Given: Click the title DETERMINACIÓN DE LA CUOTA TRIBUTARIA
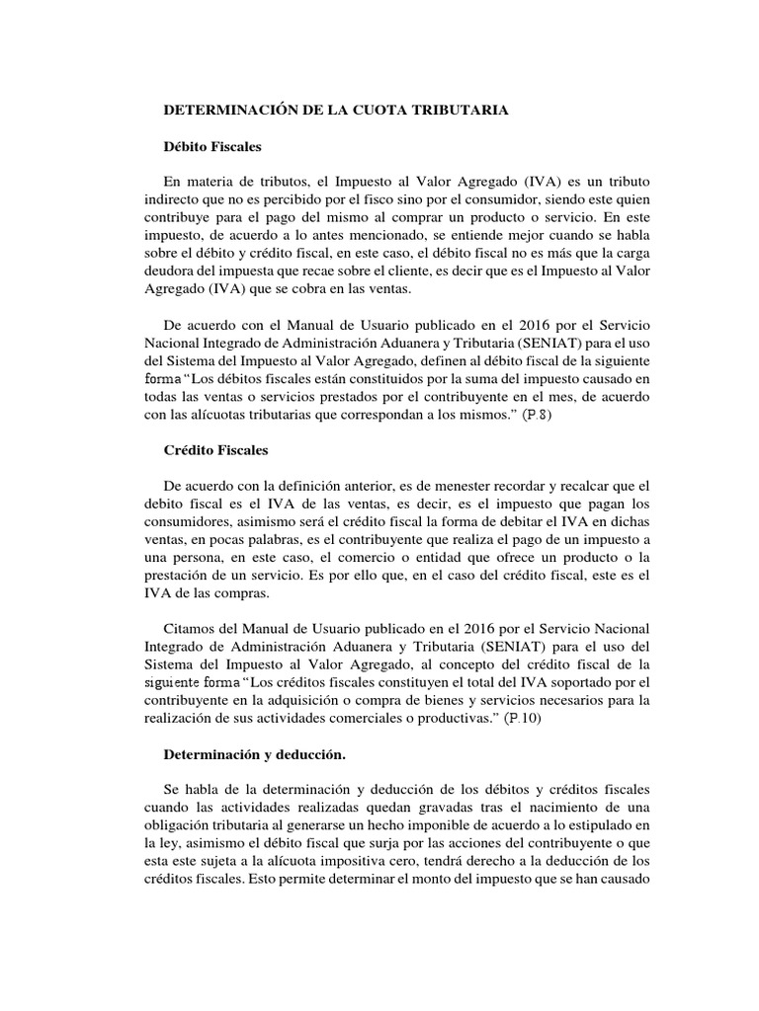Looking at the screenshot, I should pyautogui.click(x=336, y=111).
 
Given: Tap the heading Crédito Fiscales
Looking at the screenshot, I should pyautogui.click(x=215, y=450).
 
